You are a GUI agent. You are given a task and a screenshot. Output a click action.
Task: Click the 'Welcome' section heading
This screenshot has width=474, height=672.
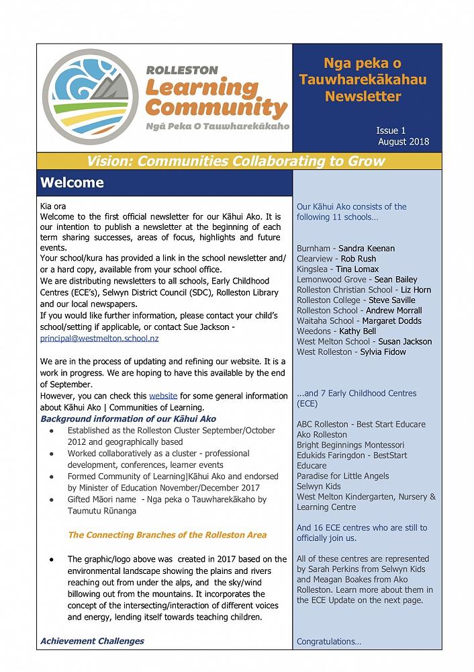click(x=72, y=183)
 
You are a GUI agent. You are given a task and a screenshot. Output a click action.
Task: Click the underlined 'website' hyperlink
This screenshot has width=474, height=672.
click(x=163, y=396)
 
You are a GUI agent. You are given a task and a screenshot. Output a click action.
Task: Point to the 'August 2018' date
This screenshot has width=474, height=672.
click(x=403, y=142)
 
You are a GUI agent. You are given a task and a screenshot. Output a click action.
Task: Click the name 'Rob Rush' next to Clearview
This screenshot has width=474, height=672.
click(x=358, y=259)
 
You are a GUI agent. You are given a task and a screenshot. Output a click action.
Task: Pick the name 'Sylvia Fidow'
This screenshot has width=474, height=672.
click(x=383, y=352)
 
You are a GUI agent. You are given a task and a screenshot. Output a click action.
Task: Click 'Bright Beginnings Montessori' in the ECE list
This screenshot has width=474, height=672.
click(x=350, y=445)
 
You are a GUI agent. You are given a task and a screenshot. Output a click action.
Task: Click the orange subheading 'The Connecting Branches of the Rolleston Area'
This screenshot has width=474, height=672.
click(x=167, y=535)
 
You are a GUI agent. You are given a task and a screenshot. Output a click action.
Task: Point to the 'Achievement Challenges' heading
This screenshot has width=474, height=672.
click(x=92, y=641)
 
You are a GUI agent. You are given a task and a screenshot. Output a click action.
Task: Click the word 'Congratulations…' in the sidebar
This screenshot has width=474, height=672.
click(x=329, y=642)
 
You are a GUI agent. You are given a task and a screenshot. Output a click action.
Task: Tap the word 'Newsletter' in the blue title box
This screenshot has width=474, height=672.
click(x=363, y=96)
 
